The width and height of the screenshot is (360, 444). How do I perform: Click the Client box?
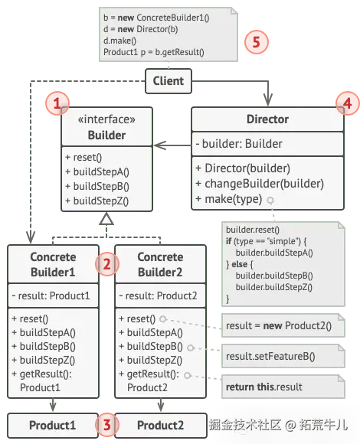pos(169,81)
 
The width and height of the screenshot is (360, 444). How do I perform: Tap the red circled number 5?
pos(257,42)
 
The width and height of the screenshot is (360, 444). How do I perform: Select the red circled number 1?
pos(57,103)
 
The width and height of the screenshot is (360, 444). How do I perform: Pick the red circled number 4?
pos(348,103)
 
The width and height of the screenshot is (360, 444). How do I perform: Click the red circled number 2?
pos(106,264)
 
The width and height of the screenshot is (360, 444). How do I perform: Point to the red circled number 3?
pos(106,425)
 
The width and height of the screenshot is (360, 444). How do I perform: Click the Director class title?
pos(267,119)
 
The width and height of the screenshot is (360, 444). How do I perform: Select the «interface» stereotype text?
pos(106,119)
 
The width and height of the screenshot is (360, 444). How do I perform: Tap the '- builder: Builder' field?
pos(239,144)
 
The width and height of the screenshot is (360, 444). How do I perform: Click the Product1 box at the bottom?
pos(53,426)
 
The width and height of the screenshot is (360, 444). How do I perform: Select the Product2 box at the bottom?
pos(161,426)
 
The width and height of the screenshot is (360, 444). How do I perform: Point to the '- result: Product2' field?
pos(158,296)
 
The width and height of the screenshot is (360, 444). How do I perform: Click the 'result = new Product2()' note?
pos(283,325)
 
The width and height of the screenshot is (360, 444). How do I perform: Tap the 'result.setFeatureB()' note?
pos(283,356)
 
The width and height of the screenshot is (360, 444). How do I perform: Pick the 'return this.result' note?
pos(283,387)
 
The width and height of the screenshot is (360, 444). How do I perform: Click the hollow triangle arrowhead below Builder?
pos(106,219)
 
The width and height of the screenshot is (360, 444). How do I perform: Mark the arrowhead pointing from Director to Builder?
pos(160,145)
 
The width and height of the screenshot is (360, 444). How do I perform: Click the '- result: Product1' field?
pos(51,296)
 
